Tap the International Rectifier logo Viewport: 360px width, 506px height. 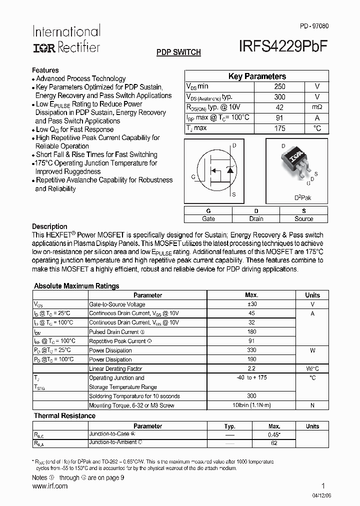click(66, 38)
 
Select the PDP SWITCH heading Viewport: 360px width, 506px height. click(178, 52)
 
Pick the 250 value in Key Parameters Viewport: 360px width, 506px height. click(279, 86)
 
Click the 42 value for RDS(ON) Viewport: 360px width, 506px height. click(279, 107)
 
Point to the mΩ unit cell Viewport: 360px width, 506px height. click(317, 107)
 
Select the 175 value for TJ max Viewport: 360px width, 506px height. click(279, 128)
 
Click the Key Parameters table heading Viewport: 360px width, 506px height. click(257, 76)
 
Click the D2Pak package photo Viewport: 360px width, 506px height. click(296, 162)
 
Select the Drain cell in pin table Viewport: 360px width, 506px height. click(256, 218)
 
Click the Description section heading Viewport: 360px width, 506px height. click(49, 226)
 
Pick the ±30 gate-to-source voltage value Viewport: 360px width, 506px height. click(251, 304)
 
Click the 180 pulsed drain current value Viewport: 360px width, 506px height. click(251, 331)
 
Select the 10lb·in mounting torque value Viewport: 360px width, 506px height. click(251, 405)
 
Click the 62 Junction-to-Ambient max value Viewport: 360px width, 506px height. click(273, 442)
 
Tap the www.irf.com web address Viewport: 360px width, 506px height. click(49, 486)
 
